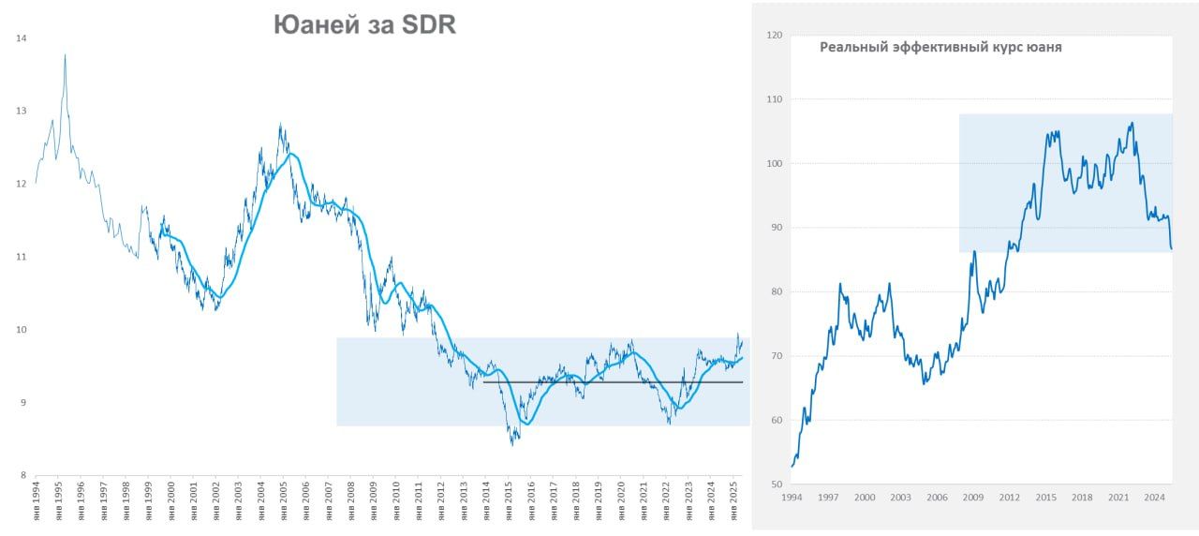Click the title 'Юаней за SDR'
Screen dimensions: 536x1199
(x=364, y=25)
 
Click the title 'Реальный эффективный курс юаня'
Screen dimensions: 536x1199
(x=940, y=47)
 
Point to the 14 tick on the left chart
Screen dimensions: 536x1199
(x=22, y=38)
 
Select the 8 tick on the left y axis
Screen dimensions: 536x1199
(x=22, y=475)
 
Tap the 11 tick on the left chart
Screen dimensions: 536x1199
(x=22, y=257)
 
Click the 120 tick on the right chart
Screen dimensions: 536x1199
(x=774, y=36)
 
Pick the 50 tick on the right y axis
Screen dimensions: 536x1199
(x=776, y=484)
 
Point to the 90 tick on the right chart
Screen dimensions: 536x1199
(x=776, y=228)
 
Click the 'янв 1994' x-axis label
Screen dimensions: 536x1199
(x=37, y=499)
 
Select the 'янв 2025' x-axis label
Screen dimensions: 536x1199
(x=734, y=499)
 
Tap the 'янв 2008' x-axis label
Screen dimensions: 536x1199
(x=351, y=499)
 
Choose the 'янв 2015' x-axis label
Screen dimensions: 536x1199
(x=509, y=499)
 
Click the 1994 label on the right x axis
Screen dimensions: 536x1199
(x=792, y=498)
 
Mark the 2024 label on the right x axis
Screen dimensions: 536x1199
(x=1155, y=498)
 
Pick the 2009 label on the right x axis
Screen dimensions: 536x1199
(x=973, y=498)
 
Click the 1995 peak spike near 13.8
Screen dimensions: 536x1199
(x=65, y=55)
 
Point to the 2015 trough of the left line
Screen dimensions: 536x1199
(x=512, y=444)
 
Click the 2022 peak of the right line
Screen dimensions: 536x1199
(x=1132, y=123)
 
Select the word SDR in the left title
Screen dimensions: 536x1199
(x=429, y=25)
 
